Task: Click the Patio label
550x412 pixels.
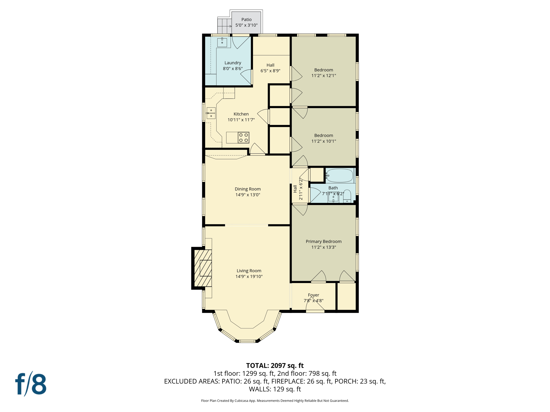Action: tap(246, 20)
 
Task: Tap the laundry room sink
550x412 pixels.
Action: tap(222, 42)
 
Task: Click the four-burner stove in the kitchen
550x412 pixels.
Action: tap(243, 138)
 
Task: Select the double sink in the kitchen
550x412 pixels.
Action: tap(211, 113)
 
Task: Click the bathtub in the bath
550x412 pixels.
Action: tap(340, 176)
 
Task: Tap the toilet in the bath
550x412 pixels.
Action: tap(347, 196)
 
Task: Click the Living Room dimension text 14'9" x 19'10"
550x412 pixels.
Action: tap(249, 277)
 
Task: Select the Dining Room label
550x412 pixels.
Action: tap(248, 189)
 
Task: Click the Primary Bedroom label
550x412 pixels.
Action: tap(324, 241)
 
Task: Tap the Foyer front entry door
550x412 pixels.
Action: tap(315, 311)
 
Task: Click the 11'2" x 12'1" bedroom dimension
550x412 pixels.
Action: tap(324, 76)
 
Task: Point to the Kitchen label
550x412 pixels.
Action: tap(241, 114)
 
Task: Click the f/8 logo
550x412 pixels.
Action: tap(31, 384)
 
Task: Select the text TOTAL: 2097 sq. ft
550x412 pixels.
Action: tap(275, 366)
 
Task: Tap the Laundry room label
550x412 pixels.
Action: tap(233, 63)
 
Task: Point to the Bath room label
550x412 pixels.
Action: tap(333, 188)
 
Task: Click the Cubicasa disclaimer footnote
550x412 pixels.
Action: tap(275, 401)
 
